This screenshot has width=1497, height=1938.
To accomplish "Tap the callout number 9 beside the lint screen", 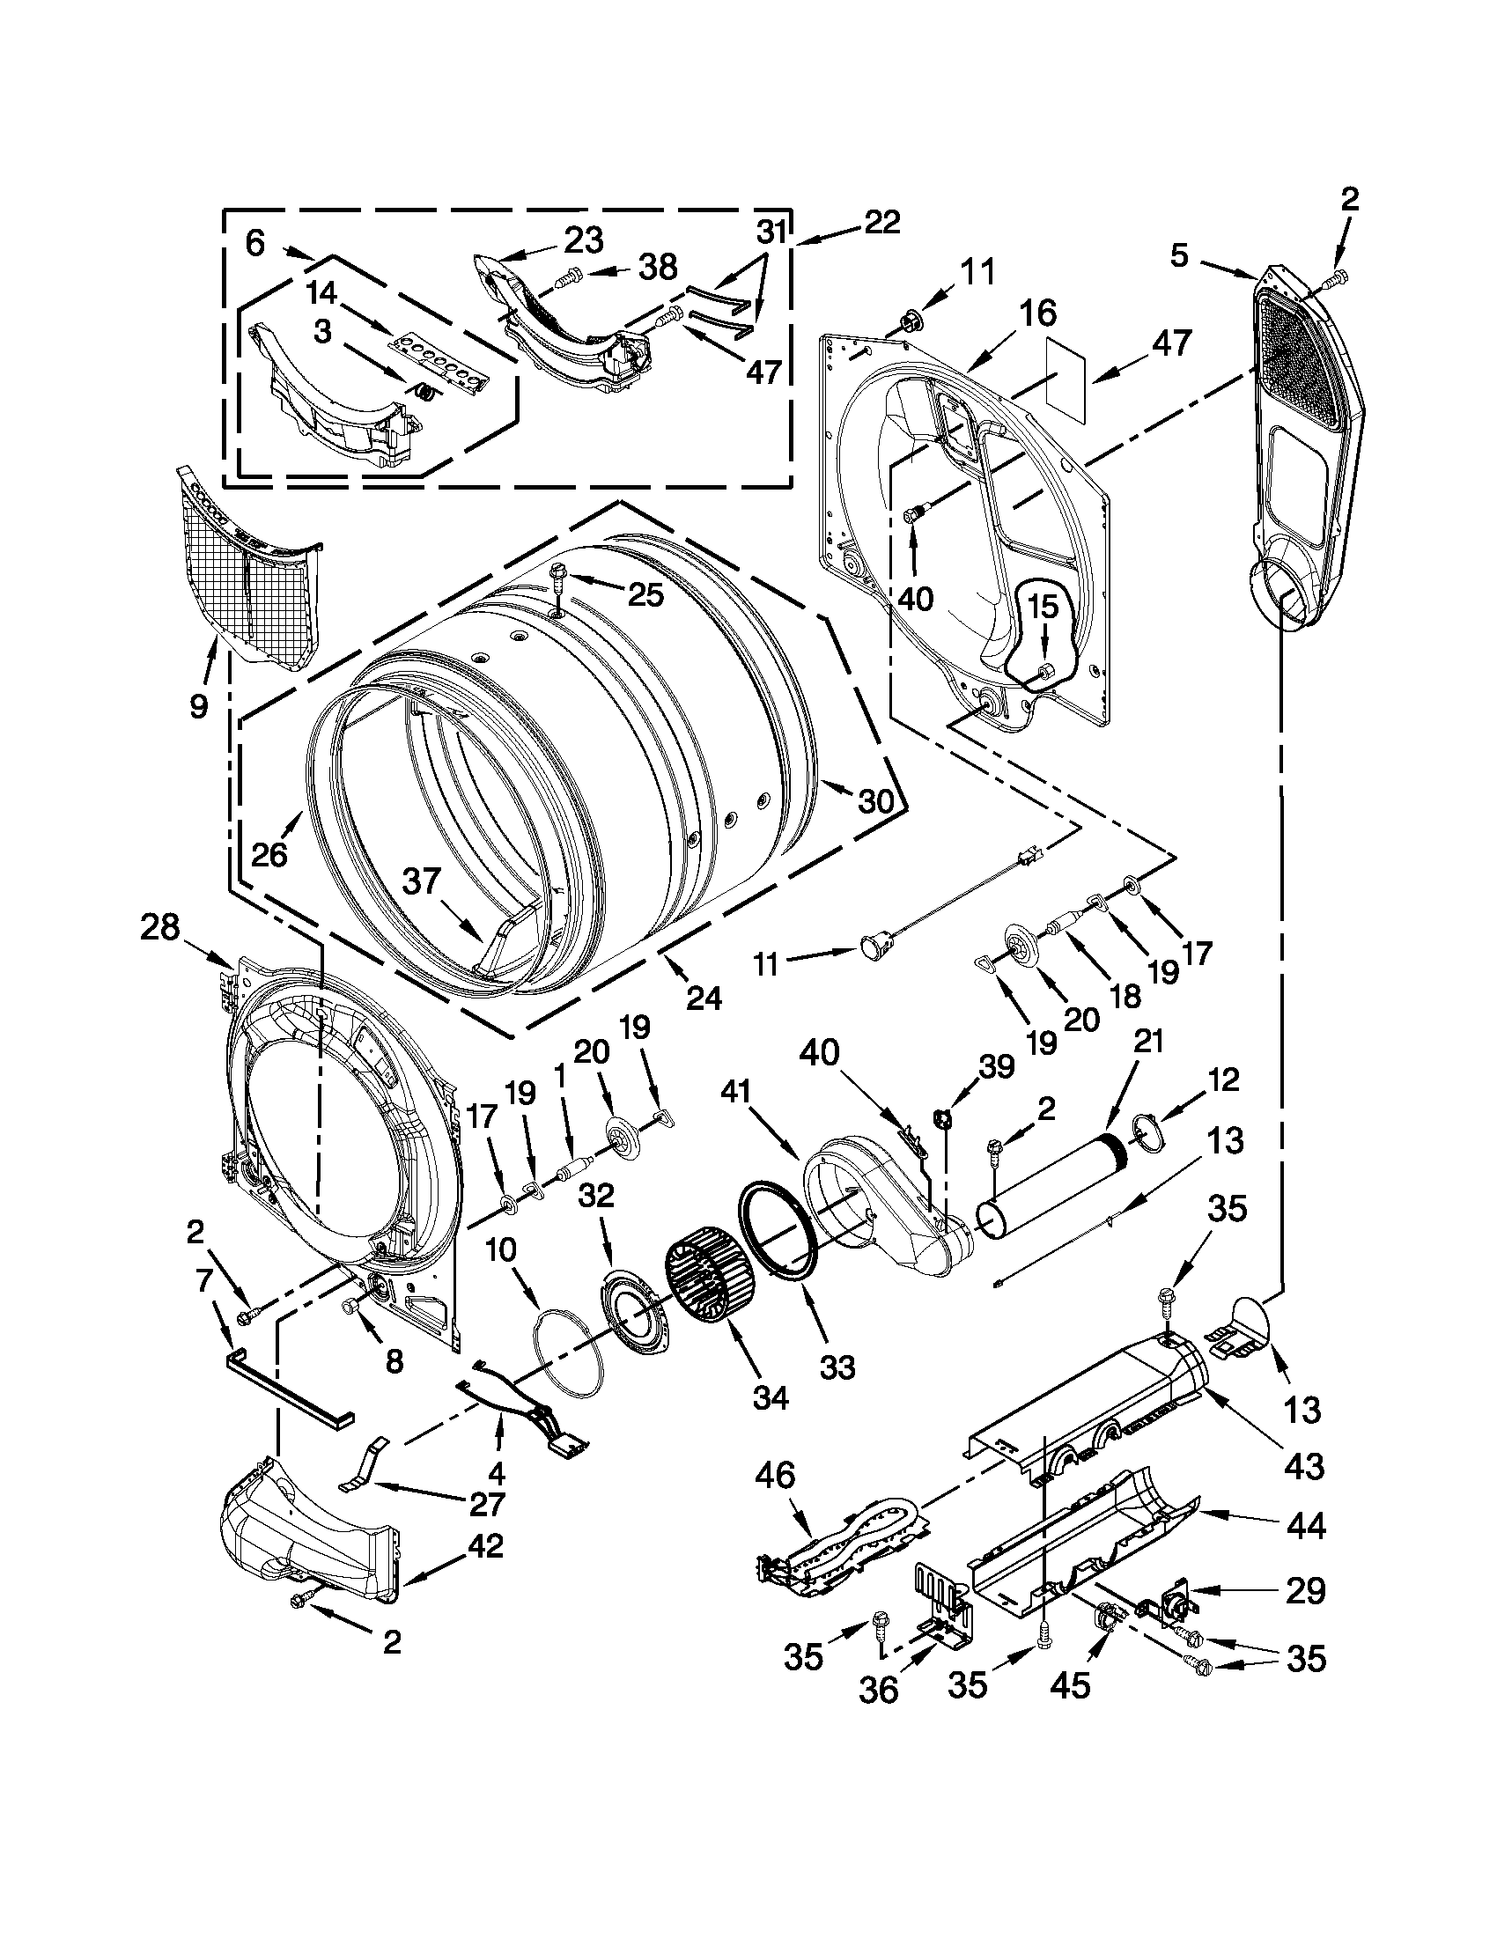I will (x=198, y=705).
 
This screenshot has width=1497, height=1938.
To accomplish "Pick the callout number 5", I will (x=1178, y=256).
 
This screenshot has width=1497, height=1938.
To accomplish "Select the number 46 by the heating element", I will (x=776, y=1477).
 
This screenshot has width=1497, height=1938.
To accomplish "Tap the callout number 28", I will (x=159, y=929).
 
